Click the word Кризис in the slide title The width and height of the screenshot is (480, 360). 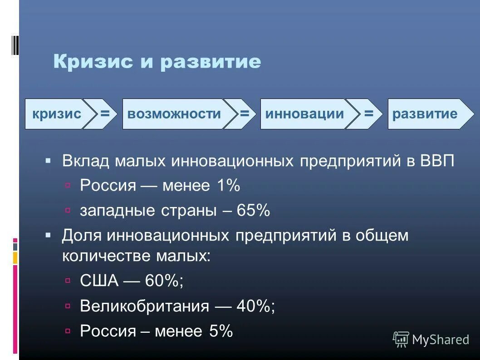(93, 62)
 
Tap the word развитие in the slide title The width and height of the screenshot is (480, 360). (211, 62)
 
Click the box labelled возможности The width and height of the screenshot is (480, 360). (174, 114)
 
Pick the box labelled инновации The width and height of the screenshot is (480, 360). (304, 114)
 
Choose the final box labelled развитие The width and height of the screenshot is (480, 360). (425, 114)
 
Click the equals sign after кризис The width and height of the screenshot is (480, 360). (105, 113)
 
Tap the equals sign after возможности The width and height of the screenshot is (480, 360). (245, 113)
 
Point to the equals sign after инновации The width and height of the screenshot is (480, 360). (368, 113)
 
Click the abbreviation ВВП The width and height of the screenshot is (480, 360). (436, 161)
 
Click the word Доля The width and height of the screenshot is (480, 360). (82, 236)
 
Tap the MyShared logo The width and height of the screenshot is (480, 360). (431, 339)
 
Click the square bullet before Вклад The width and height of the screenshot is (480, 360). (49, 161)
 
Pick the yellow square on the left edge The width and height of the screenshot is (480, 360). (15, 258)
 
